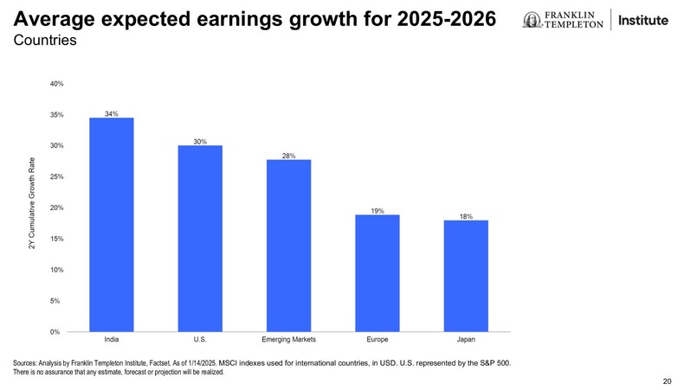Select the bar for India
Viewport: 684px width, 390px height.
point(112,224)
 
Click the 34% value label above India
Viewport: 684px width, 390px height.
point(112,113)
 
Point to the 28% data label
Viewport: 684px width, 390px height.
point(288,156)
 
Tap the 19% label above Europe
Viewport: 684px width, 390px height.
point(377,210)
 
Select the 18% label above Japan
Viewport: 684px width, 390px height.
point(466,216)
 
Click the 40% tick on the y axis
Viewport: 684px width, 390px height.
point(56,84)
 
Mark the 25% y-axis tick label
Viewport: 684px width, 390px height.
point(56,177)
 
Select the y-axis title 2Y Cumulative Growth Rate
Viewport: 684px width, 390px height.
point(32,208)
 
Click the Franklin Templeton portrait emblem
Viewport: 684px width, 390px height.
point(530,20)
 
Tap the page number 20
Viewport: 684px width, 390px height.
point(666,380)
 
